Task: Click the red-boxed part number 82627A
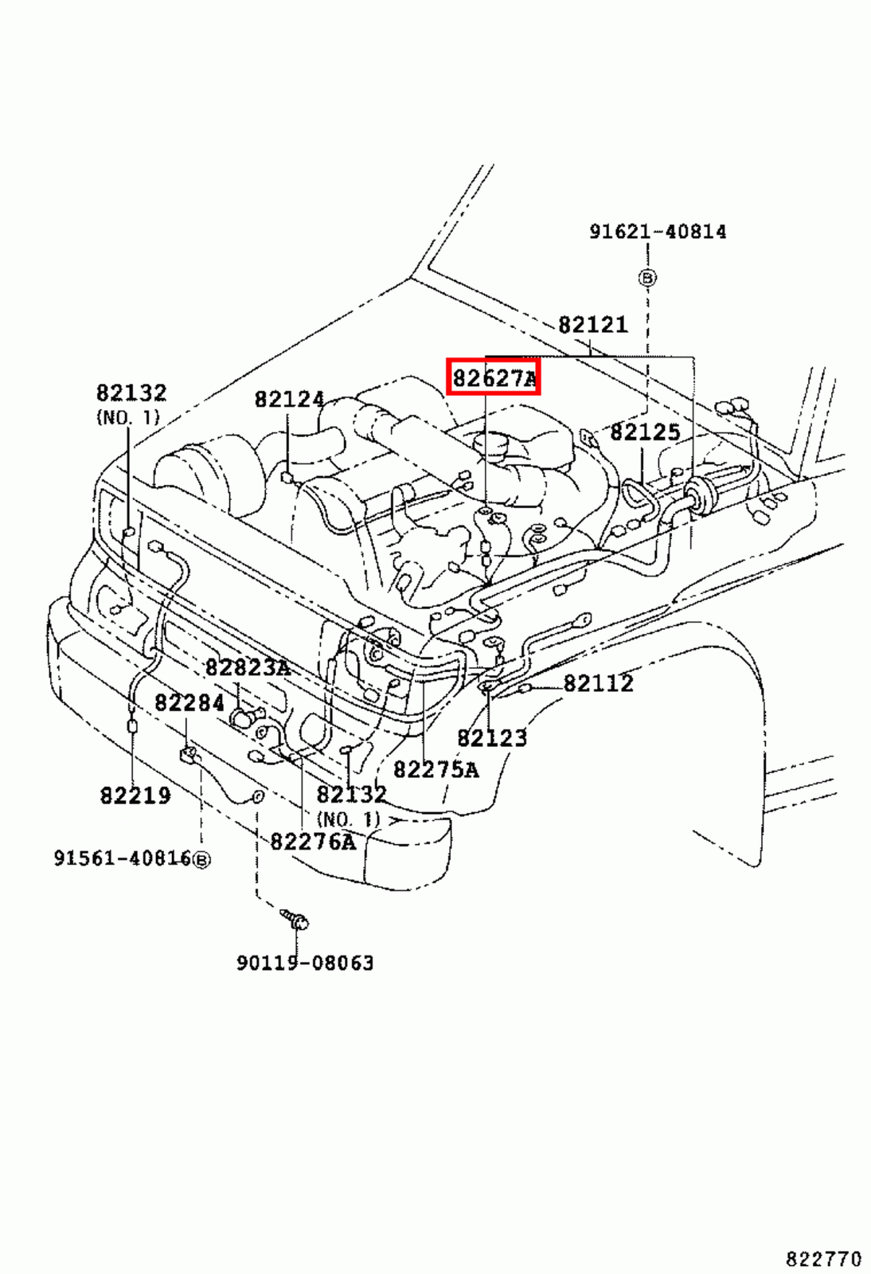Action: click(x=494, y=377)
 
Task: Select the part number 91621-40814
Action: click(x=658, y=232)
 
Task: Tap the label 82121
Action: click(x=592, y=325)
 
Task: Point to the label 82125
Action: click(x=645, y=432)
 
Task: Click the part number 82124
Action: click(x=289, y=399)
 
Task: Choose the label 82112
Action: click(x=598, y=683)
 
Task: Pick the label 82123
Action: click(x=492, y=738)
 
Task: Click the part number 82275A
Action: click(x=435, y=770)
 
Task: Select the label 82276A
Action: click(x=313, y=842)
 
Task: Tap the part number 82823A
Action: click(x=248, y=667)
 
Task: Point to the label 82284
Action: click(x=189, y=703)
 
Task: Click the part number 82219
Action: click(x=135, y=795)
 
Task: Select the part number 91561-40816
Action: click(x=123, y=858)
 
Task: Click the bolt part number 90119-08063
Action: click(x=305, y=963)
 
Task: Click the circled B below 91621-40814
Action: click(x=647, y=278)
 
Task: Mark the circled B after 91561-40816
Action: click(x=202, y=860)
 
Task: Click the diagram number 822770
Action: click(x=823, y=1259)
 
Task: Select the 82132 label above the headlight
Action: click(x=131, y=393)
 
